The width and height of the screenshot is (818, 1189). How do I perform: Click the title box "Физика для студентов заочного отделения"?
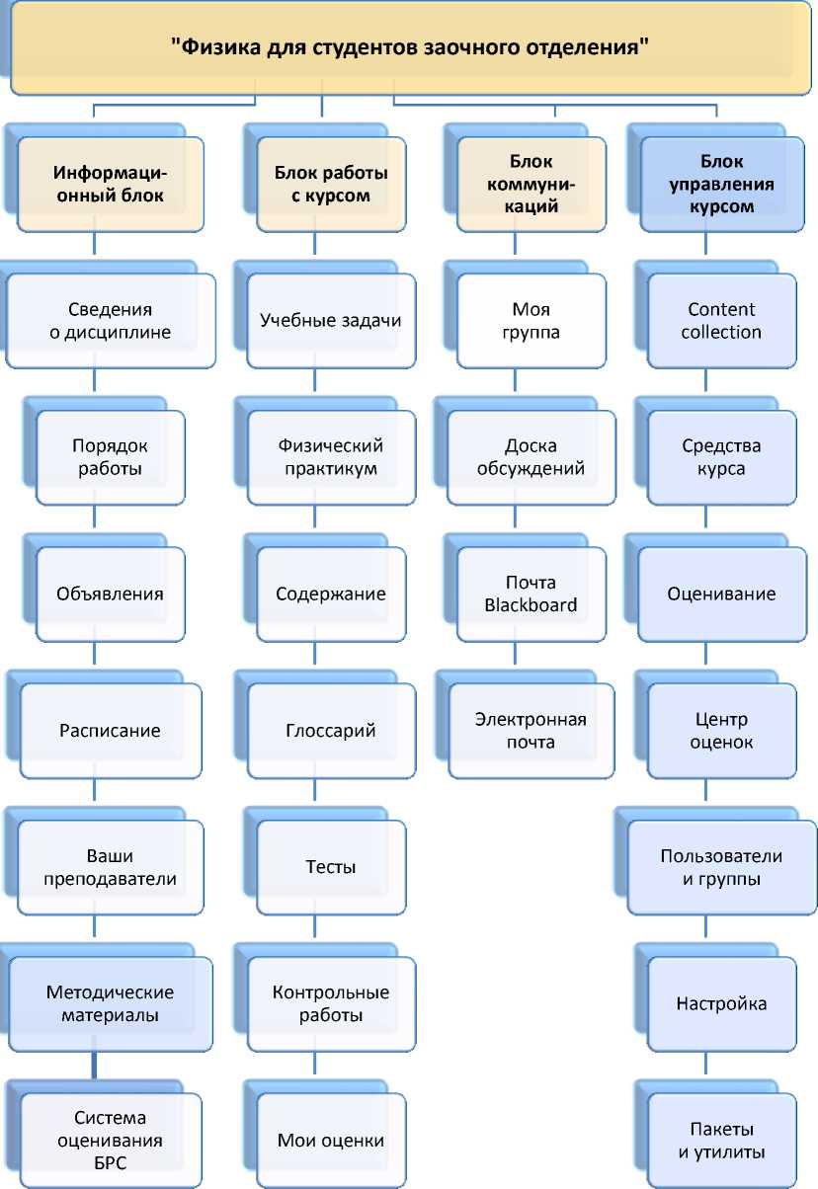[409, 46]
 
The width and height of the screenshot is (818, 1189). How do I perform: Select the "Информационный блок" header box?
[110, 185]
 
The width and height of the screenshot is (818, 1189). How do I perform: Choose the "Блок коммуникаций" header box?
[532, 185]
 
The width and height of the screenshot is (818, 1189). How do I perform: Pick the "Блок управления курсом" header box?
[721, 185]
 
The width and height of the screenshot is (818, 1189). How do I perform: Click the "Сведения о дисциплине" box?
[110, 320]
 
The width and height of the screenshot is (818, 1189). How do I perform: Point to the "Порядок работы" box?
[110, 457]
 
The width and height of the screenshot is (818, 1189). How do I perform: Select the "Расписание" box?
[110, 731]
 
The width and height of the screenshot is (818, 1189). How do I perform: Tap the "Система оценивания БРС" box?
[110, 1141]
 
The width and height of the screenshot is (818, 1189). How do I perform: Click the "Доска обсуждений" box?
[532, 457]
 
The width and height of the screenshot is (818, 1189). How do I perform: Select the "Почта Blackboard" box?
[532, 594]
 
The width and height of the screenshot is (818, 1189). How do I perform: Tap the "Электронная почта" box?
[532, 731]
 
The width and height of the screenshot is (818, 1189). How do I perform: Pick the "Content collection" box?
[721, 320]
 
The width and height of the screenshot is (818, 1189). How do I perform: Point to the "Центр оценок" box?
[721, 731]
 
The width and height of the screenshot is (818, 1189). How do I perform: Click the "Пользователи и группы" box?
[721, 867]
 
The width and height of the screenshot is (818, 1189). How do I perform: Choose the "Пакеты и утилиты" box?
[721, 1141]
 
